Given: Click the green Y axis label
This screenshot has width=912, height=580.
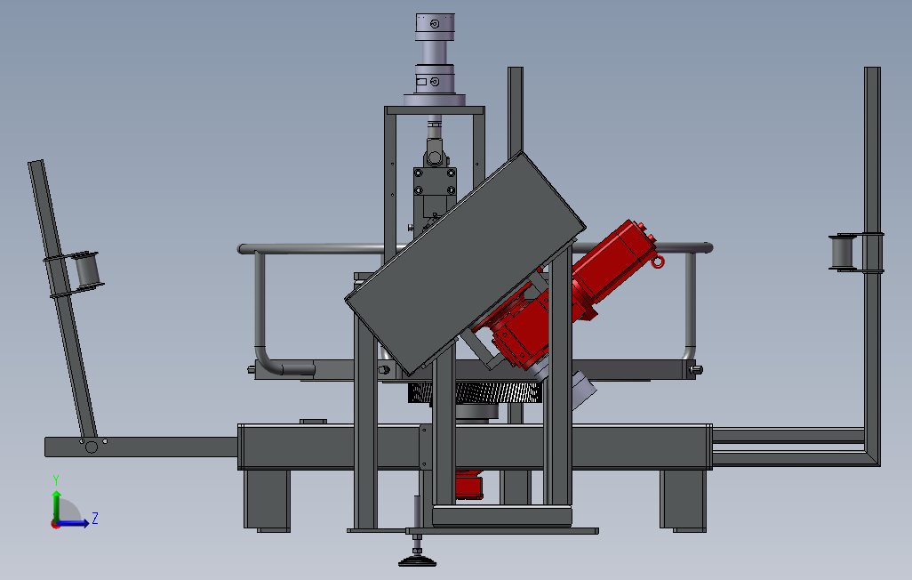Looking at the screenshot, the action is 56,480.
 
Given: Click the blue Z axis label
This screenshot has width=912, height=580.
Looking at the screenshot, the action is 94,519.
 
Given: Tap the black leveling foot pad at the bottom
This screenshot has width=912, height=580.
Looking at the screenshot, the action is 417,562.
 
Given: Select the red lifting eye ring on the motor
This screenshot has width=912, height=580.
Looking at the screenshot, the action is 657,262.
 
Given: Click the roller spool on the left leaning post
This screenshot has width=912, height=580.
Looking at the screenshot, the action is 87,270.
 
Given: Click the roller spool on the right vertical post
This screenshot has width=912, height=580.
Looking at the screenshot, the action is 844,252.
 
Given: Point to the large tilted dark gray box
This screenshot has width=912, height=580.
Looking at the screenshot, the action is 464,263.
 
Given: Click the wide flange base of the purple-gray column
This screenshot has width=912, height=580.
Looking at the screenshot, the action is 435,101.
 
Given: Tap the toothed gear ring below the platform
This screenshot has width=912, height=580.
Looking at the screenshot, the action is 476,393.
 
